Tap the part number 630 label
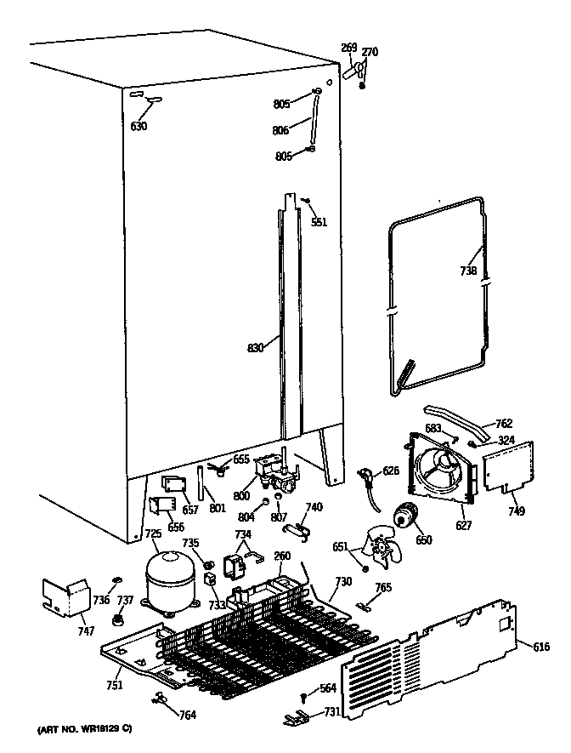click(x=139, y=127)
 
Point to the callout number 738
click(x=467, y=271)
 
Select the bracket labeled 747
click(x=65, y=596)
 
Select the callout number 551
click(x=319, y=222)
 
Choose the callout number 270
click(x=370, y=52)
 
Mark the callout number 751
click(x=114, y=685)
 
